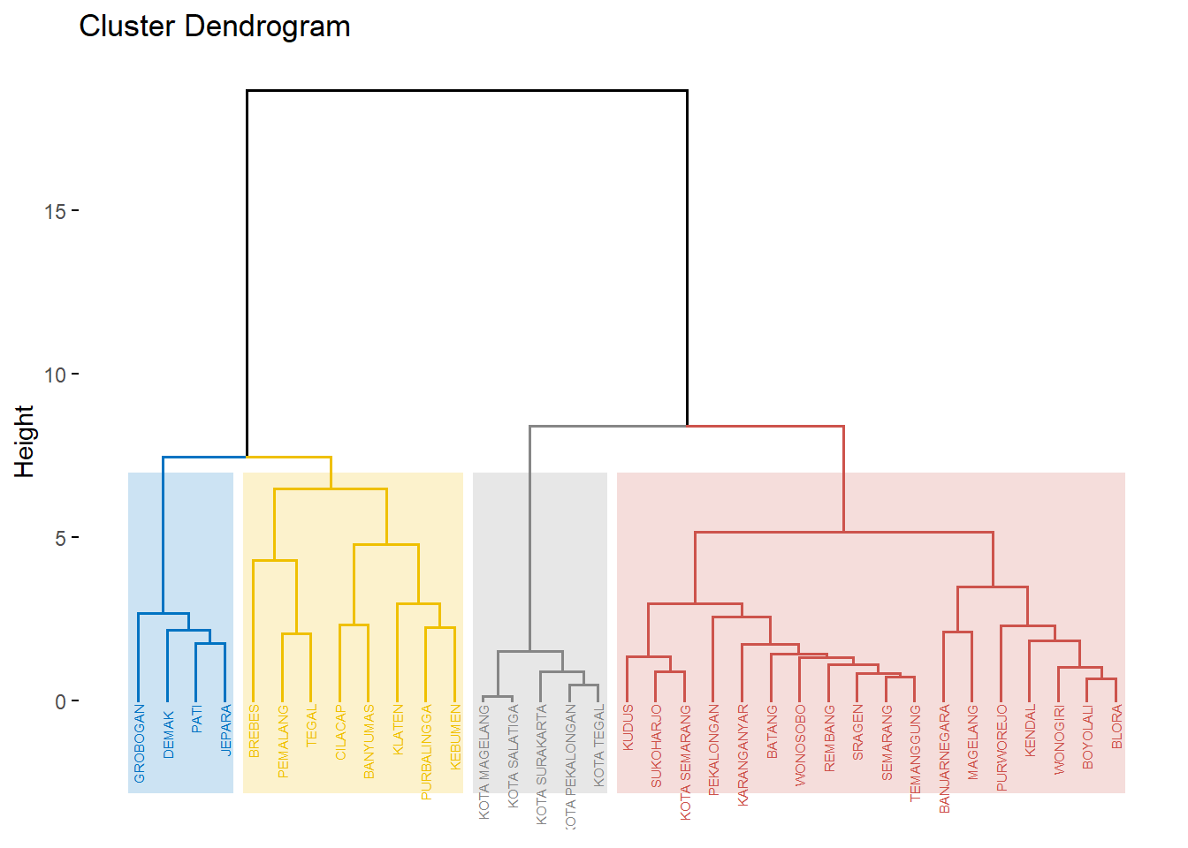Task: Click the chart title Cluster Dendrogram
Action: point(215,26)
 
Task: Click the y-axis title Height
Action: point(24,442)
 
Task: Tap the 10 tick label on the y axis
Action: point(55,375)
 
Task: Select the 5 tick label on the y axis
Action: point(60,538)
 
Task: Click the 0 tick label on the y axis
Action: point(60,702)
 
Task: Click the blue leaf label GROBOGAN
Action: point(140,744)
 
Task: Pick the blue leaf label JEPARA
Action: point(225,730)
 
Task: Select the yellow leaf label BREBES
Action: point(255,731)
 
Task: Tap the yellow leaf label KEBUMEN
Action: point(455,737)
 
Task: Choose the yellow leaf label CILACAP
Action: point(340,732)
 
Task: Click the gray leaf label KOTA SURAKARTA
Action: point(541,765)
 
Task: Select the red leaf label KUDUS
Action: point(628,728)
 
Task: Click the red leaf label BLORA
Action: point(1116,727)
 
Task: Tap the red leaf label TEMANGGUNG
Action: point(915,753)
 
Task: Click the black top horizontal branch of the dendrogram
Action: point(467,90)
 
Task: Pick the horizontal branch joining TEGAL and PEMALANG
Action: point(296,634)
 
